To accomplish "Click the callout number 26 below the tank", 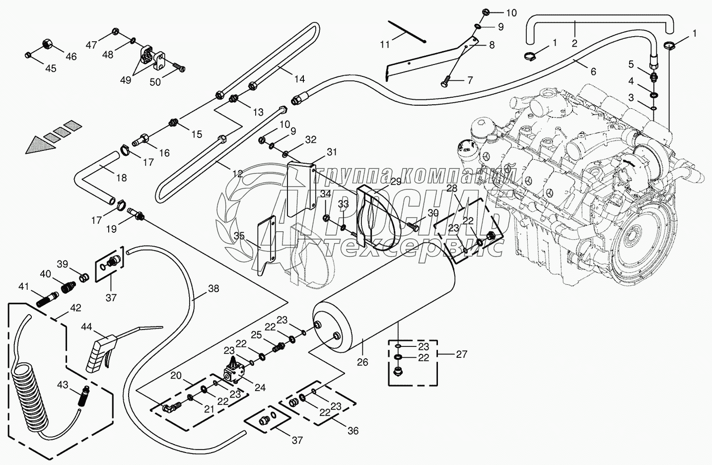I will pos(362,362).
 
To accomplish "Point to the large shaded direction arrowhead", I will pos(38,144).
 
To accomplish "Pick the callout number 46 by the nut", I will pos(71,57).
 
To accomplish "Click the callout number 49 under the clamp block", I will pos(126,80).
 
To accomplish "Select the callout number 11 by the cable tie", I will pos(385,45).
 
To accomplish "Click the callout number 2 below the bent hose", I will pos(574,43).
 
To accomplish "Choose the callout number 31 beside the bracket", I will pos(332,151).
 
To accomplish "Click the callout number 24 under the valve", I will pos(260,388).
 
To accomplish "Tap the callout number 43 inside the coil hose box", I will pos(63,385).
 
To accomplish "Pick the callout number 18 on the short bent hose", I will pos(121,177).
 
